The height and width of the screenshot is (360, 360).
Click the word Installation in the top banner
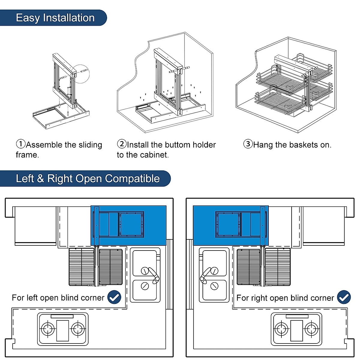(69, 18)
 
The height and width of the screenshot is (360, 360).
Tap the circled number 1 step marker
(21, 144)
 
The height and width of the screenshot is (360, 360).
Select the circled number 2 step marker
(122, 144)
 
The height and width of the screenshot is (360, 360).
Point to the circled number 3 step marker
(248, 144)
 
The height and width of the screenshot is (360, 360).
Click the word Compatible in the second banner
(132, 178)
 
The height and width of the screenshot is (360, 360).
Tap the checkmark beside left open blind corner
(114, 297)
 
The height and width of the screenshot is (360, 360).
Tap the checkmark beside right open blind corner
(344, 297)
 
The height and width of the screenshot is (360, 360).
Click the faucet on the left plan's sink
(154, 275)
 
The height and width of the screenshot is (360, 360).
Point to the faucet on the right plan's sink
(205, 275)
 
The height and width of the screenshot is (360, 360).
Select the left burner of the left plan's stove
(48, 329)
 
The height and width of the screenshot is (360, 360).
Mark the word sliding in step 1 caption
(90, 145)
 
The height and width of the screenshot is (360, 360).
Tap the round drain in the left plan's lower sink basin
(145, 286)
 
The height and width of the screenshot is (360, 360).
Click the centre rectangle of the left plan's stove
(63, 331)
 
